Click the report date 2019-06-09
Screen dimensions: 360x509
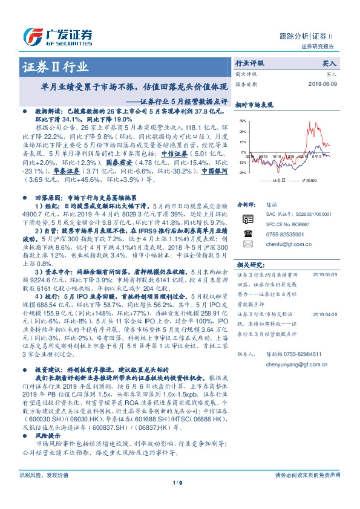tap(324, 84)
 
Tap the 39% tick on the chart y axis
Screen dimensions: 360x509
tap(242, 121)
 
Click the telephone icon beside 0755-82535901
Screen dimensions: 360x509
tap(247, 233)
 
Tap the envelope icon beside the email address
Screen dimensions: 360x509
tap(247, 244)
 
